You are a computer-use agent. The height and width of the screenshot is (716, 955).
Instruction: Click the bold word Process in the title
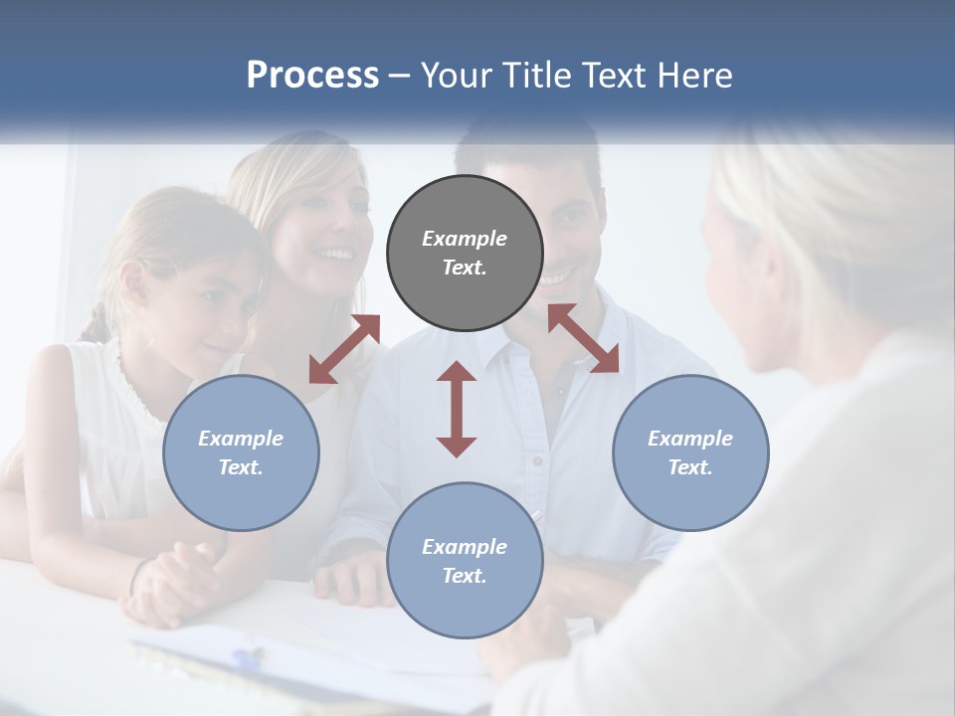click(312, 76)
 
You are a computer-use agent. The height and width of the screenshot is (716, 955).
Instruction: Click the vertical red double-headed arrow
click(457, 409)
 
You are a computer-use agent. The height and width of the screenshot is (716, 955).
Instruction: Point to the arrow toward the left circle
click(344, 349)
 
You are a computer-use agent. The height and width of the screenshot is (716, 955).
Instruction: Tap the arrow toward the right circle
click(583, 338)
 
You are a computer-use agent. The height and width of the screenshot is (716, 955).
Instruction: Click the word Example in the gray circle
click(465, 239)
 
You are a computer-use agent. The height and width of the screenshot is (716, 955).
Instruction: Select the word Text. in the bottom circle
click(465, 576)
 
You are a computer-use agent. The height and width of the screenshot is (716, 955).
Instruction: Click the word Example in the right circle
click(690, 439)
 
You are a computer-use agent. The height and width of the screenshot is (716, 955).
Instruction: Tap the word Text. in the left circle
click(241, 467)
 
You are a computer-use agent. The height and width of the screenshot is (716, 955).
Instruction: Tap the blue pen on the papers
click(249, 657)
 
